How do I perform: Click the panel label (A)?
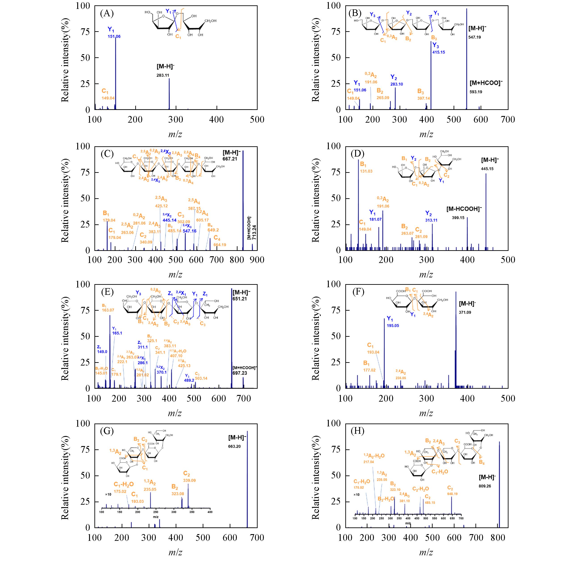tap(107, 13)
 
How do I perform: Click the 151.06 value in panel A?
tap(114, 37)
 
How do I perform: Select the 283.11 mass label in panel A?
tap(163, 76)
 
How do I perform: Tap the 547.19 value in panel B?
tap(475, 37)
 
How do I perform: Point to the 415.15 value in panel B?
tap(438, 52)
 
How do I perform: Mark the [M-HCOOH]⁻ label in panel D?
tap(464, 209)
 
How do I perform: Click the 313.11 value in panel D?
tap(431, 220)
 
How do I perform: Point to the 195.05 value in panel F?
tap(393, 326)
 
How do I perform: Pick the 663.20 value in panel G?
tap(234, 446)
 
